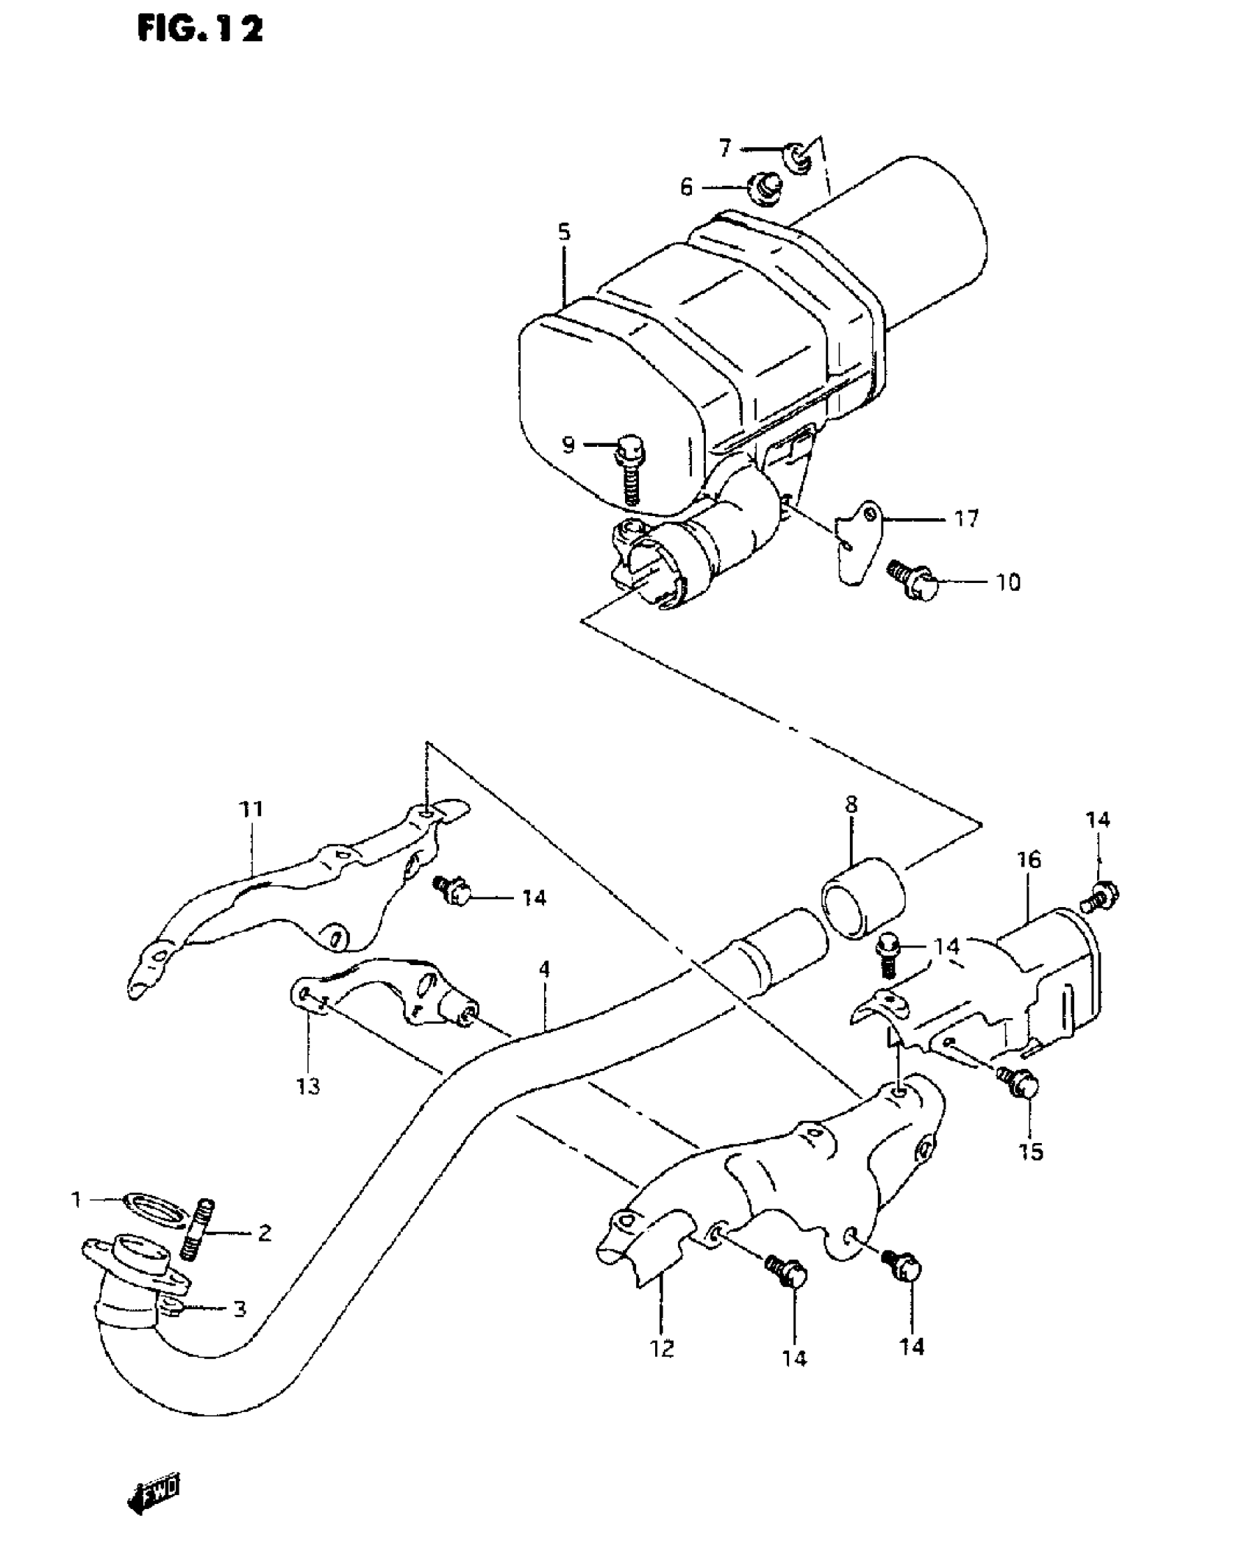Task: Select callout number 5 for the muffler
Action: (563, 233)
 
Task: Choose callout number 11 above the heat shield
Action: (251, 810)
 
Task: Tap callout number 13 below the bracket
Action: (309, 1085)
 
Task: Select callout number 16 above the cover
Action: (1029, 859)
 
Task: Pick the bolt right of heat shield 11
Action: (451, 891)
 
